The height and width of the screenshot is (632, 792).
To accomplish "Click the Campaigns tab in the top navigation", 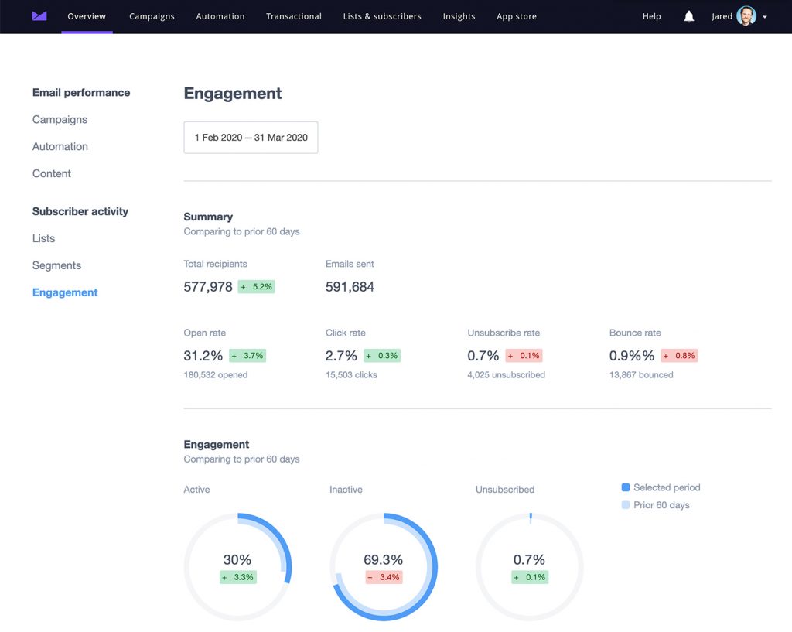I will coord(152,16).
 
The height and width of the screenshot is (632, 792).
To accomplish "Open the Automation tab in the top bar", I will coord(220,16).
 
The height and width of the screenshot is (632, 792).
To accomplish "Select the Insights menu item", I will coord(459,16).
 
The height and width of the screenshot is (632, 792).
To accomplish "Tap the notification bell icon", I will coord(688,16).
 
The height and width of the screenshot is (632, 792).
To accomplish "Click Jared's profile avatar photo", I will coord(746,16).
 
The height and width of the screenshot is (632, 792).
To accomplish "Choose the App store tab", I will coord(516,16).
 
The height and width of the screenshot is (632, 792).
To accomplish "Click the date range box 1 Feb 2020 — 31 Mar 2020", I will coord(251,138).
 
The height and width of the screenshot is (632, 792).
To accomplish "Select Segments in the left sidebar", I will coord(56,265).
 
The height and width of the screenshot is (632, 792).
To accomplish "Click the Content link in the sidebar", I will coord(52,173).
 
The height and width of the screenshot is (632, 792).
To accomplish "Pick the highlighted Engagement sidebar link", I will coord(65,292).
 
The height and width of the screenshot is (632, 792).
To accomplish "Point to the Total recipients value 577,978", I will coord(208,287).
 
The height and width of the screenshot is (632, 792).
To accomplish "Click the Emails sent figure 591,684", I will coord(350,287).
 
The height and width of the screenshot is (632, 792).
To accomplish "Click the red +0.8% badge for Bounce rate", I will coord(678,356).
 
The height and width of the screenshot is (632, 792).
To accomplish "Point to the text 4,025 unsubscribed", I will coord(506,375).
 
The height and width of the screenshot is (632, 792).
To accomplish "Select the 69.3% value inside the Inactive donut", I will coord(383,560).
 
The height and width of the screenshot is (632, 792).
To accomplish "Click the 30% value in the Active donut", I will coord(237,560).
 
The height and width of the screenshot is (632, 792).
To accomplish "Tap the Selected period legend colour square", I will coord(626,487).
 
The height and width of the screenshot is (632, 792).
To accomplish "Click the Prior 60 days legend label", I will coord(661,505).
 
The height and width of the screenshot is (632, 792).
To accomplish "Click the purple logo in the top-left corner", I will coord(39,16).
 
